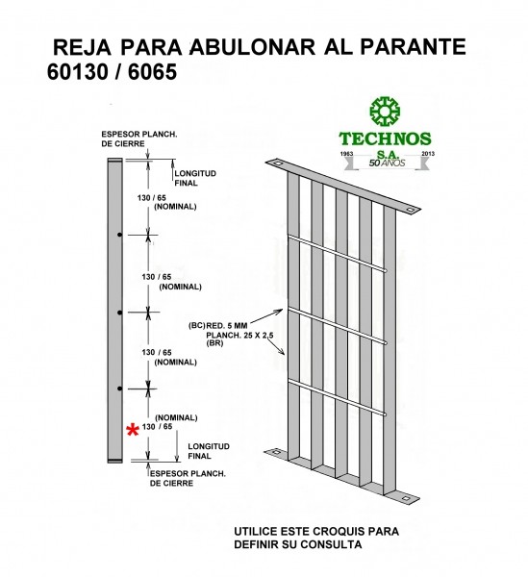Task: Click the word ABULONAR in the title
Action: click(253, 47)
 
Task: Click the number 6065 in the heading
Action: click(152, 72)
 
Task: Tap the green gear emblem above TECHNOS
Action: click(385, 112)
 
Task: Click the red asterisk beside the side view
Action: click(133, 430)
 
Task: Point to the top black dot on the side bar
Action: click(119, 235)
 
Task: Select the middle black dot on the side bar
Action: click(119, 313)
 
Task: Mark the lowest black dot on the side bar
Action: click(119, 389)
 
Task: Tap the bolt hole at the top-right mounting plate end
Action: click(410, 210)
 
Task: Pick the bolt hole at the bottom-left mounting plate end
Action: click(277, 452)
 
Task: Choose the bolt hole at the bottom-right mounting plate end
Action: click(406, 498)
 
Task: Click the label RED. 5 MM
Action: click(227, 326)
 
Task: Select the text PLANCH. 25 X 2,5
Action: click(239, 336)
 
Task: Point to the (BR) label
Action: click(214, 343)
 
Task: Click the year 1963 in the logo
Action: click(346, 154)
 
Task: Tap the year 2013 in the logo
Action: click(428, 154)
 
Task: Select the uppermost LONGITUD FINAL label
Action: click(195, 178)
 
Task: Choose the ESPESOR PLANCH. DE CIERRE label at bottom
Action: click(188, 478)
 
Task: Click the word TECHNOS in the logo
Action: click(385, 138)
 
